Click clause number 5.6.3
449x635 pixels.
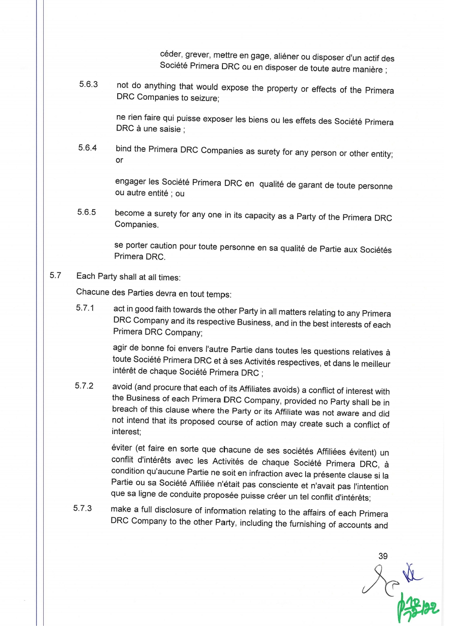pos(89,84)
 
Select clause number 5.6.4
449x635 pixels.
pos(87,148)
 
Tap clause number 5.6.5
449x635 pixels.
pos(86,212)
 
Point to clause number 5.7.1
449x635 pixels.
pos(85,308)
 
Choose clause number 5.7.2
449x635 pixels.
pos(84,386)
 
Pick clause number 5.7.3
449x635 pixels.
pos(83,508)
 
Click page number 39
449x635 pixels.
pos(383,556)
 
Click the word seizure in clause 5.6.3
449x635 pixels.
pos(204,99)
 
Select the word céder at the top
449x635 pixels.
pos(171,54)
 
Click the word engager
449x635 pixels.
pos(130,182)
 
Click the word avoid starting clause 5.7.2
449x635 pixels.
pos(122,387)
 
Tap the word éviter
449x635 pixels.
pos(122,448)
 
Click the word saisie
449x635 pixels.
pos(170,129)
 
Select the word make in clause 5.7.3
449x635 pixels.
pos(121,509)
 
